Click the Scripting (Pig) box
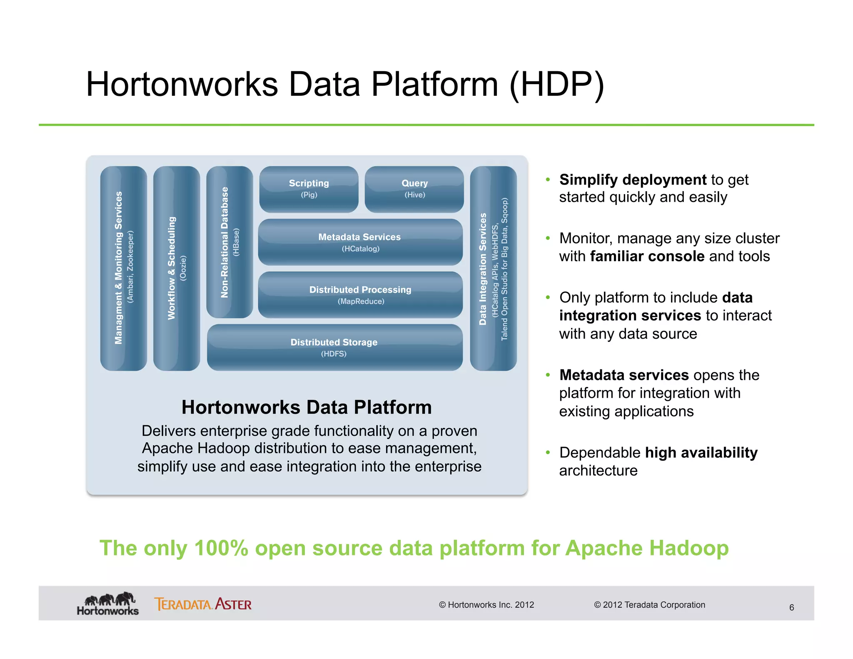pos(309,189)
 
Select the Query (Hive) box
pos(414,189)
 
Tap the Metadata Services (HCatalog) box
pos(360,242)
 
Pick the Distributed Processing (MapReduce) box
pos(360,295)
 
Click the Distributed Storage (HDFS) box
pos(334,347)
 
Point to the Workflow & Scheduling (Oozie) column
pos(177,268)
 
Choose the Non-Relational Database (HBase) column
pos(229,242)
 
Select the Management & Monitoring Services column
pos(124,268)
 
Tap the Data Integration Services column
pos(493,268)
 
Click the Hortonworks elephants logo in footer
pos(108,603)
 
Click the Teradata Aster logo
pos(203,604)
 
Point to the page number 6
pos(791,607)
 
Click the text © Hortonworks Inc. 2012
pos(486,605)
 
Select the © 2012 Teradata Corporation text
pos(649,605)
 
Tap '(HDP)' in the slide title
pos(556,85)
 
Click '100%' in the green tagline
pos(221,548)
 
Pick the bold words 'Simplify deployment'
pos(633,180)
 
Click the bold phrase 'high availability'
pos(701,452)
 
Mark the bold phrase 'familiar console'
pos(647,256)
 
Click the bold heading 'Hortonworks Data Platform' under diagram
pos(307,407)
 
